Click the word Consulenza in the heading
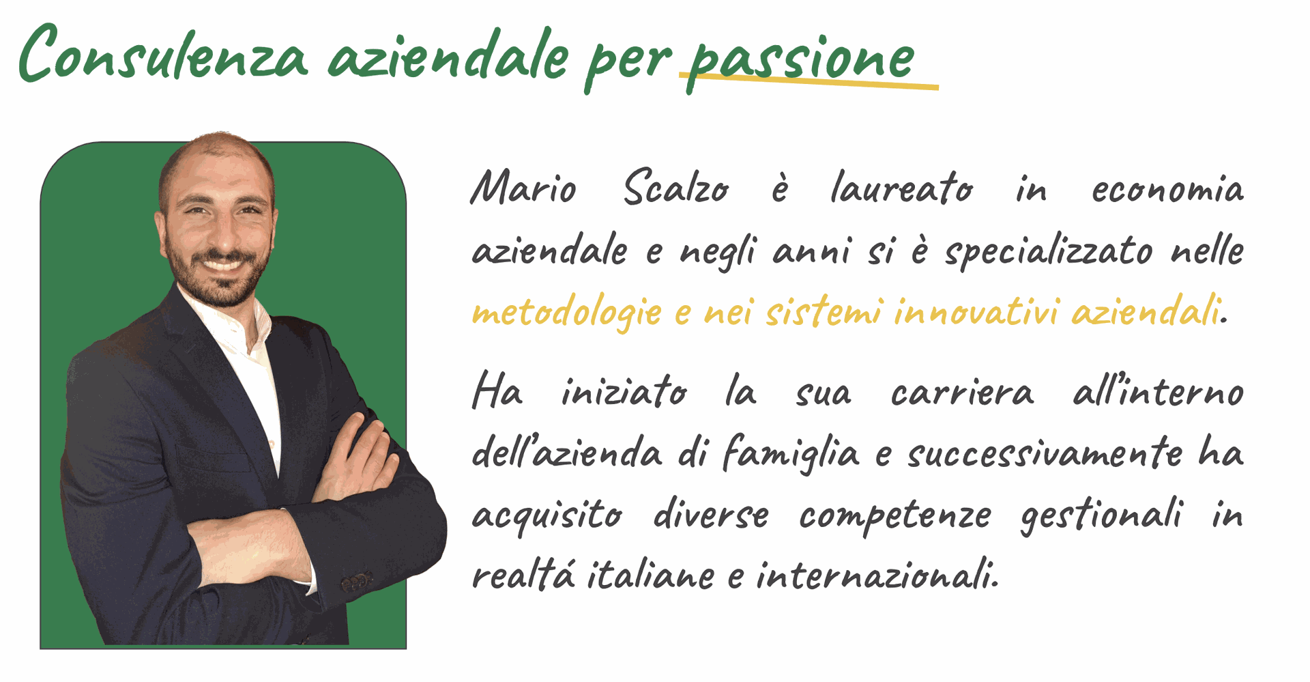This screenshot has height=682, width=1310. (x=164, y=54)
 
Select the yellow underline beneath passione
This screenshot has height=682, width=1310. (x=809, y=81)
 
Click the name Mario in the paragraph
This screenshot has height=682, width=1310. (x=523, y=187)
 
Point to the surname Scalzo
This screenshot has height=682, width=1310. (x=676, y=187)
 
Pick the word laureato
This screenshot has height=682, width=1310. (x=901, y=187)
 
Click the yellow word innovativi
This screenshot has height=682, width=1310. (x=976, y=312)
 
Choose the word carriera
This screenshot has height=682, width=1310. (x=962, y=393)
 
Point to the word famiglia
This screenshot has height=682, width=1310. (x=791, y=453)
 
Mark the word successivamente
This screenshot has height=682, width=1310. (x=1045, y=453)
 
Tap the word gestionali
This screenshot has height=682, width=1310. (x=1101, y=515)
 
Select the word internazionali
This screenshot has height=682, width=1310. (x=877, y=575)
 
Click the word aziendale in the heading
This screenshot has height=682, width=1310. (x=448, y=54)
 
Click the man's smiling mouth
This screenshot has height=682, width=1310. (x=223, y=264)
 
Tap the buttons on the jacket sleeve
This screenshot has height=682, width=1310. (x=357, y=582)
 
